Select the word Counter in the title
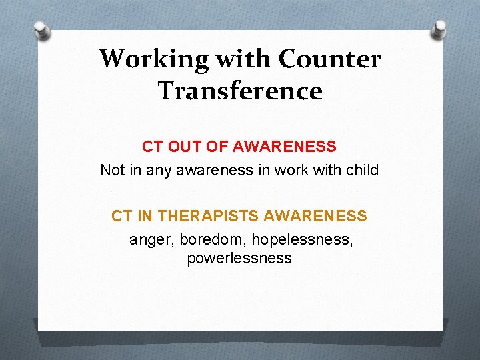click(x=329, y=59)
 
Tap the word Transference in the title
click(x=240, y=91)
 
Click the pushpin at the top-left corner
click(x=41, y=31)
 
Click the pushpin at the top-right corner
click(x=439, y=29)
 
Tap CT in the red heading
click(x=151, y=146)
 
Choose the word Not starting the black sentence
click(x=112, y=170)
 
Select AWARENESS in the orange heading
click(x=315, y=216)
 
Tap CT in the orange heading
click(x=121, y=216)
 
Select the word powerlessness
click(x=239, y=259)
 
